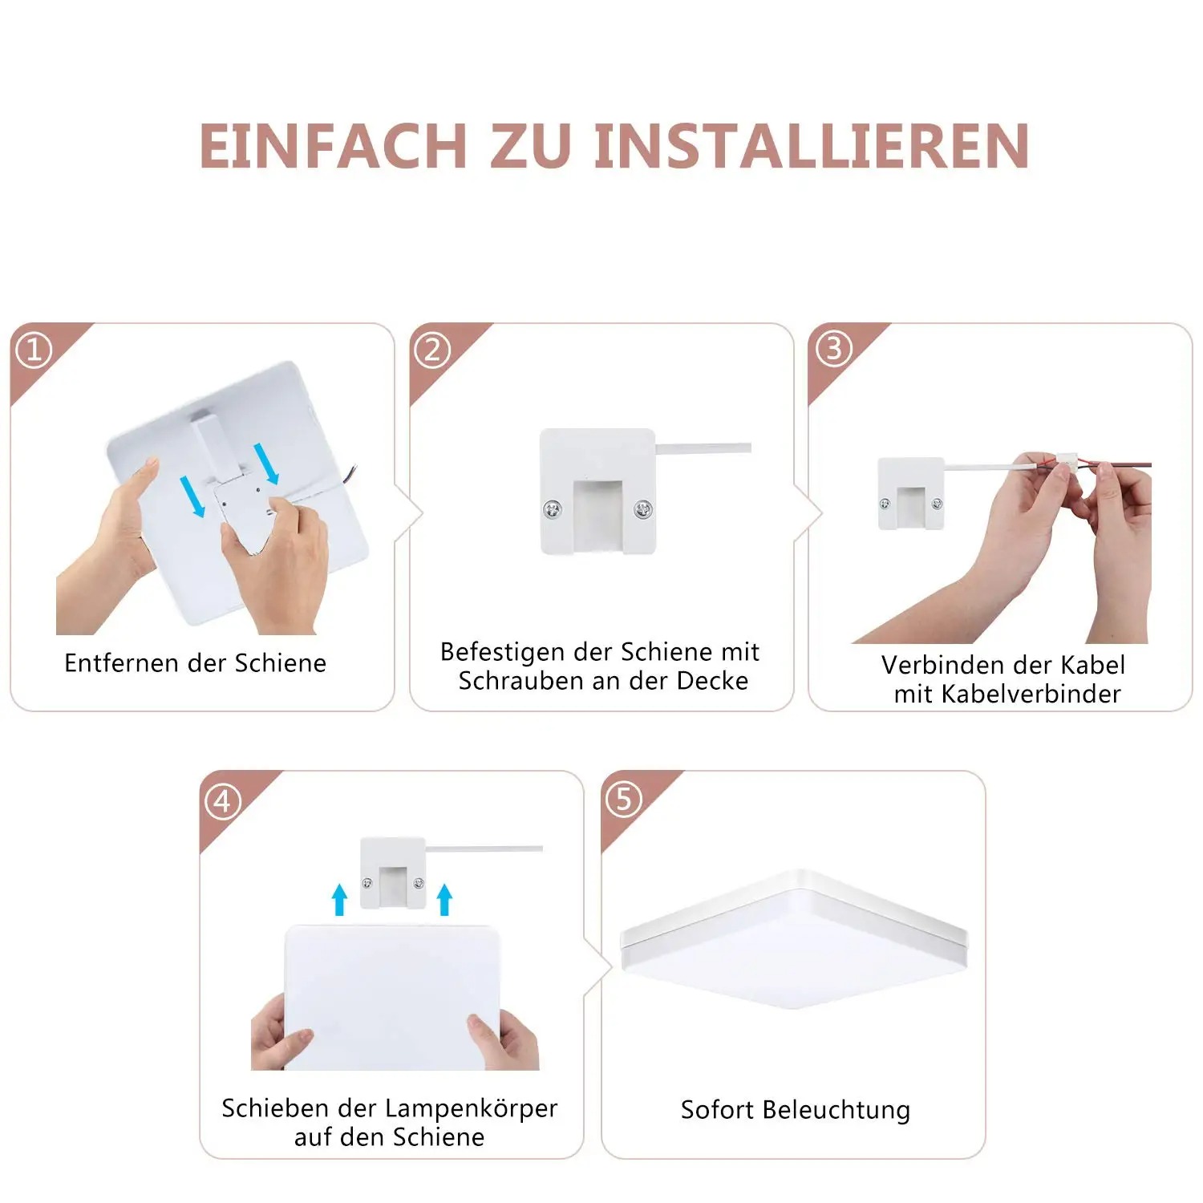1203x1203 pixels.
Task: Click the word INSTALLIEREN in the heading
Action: click(x=812, y=146)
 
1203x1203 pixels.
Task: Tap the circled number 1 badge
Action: click(x=34, y=350)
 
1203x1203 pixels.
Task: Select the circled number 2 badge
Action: click(x=432, y=350)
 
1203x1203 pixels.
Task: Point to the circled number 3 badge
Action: click(x=833, y=349)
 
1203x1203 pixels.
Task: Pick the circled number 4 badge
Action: click(x=223, y=800)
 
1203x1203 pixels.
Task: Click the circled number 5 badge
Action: click(x=624, y=799)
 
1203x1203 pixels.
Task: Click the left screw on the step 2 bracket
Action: click(x=552, y=508)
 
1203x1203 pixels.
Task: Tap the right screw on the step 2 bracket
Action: click(x=642, y=508)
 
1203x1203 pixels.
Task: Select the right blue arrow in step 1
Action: click(x=266, y=464)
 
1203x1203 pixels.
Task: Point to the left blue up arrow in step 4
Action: click(x=340, y=899)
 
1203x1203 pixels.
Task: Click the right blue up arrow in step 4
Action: click(x=444, y=899)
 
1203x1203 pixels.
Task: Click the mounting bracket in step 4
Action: click(x=392, y=873)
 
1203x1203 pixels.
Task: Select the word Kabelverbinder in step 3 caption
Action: click(x=1031, y=694)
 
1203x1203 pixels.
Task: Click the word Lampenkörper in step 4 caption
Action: click(x=472, y=1108)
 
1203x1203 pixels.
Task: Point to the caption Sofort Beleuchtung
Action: click(x=795, y=1109)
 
